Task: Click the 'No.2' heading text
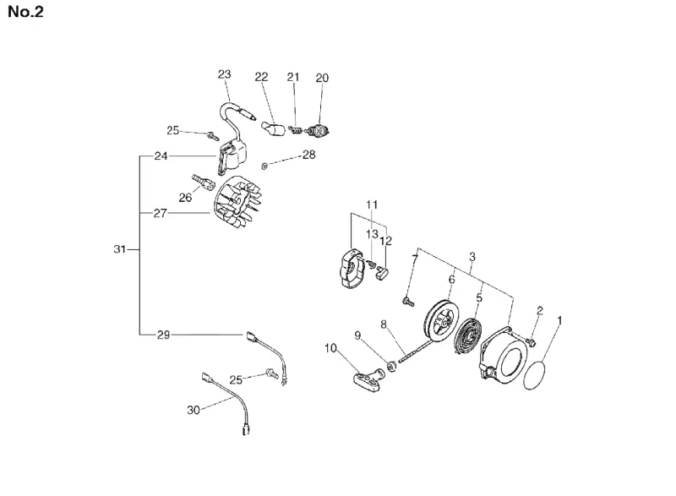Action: pos(26,12)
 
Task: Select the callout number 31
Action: pos(119,249)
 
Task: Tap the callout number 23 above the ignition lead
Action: pos(224,74)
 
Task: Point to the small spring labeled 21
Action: pos(295,128)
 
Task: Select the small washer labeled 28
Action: pos(264,166)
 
